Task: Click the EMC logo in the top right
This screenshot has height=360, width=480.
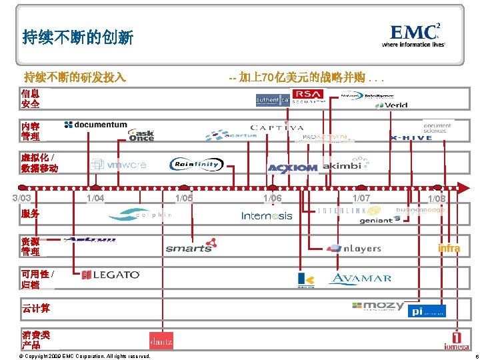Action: [x=413, y=35]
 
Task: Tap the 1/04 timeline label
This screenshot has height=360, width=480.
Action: [x=95, y=198]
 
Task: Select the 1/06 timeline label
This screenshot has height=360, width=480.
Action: [x=272, y=198]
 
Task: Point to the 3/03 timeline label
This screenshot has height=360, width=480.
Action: [x=21, y=198]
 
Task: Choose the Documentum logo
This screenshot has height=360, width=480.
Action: [x=96, y=125]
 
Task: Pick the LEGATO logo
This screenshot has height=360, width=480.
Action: [x=111, y=275]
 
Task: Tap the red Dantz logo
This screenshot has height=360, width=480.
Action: [x=161, y=340]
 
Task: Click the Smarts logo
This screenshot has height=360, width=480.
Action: [x=191, y=246]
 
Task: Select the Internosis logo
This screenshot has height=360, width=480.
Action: [x=267, y=215]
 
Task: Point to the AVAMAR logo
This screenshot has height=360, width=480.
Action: [x=360, y=278]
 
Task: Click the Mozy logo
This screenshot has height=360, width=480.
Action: [x=378, y=306]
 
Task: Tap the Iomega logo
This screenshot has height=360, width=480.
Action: [x=457, y=341]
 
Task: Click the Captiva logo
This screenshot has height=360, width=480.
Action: [x=277, y=127]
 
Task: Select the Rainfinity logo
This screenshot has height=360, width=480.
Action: [x=197, y=164]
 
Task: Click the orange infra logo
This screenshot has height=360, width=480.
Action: [x=449, y=249]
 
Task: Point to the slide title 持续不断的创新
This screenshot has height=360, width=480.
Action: [x=77, y=37]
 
